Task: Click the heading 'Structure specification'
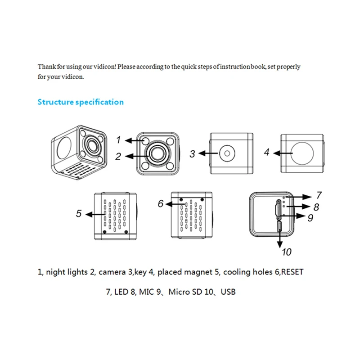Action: [81, 102]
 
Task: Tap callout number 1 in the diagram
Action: [118, 140]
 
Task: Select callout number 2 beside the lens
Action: [118, 157]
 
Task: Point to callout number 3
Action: [192, 154]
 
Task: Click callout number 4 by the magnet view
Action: [266, 152]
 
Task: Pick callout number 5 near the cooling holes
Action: [79, 213]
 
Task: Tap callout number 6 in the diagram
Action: [161, 203]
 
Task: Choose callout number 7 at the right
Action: [319, 195]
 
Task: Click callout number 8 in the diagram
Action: [316, 207]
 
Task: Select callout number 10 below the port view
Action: [287, 252]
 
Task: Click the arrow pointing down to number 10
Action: [279, 238]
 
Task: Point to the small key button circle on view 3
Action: [227, 153]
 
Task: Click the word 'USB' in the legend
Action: [228, 292]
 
